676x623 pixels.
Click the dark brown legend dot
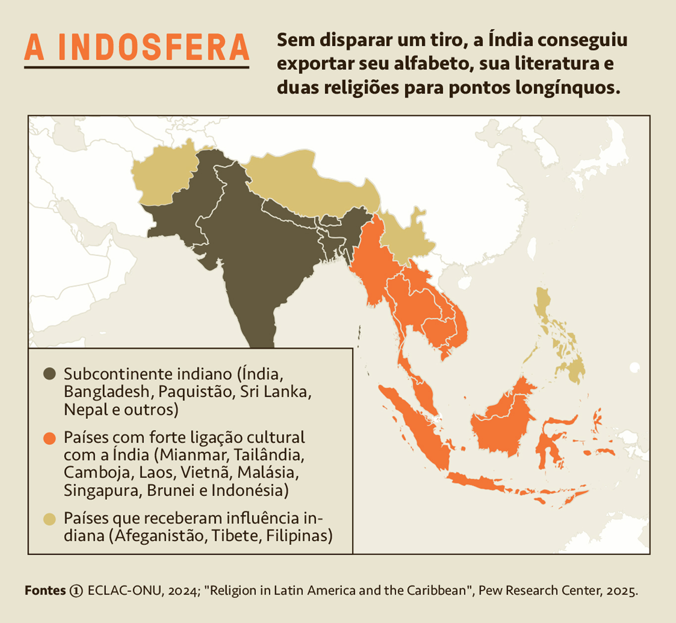pyautogui.click(x=49, y=374)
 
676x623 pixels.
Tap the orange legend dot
pyautogui.click(x=49, y=438)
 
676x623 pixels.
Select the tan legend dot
pyautogui.click(x=49, y=519)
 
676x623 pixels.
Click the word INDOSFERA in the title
pyautogui.click(x=153, y=48)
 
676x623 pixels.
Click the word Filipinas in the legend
pyautogui.click(x=299, y=536)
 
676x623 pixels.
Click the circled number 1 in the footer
pyautogui.click(x=76, y=591)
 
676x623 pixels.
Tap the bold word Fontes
pyautogui.click(x=45, y=591)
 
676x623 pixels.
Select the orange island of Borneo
pyautogui.click(x=502, y=421)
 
